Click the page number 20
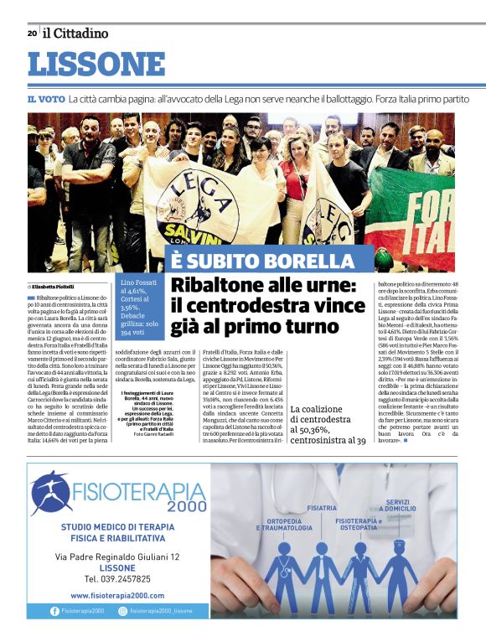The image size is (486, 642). coord(32,34)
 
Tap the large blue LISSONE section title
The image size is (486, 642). coord(96,65)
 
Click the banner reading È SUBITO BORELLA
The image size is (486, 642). coord(263,261)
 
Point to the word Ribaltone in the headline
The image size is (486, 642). coord(221,285)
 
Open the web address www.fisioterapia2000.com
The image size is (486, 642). coord(116,595)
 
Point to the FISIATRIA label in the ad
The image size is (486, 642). coord(322,508)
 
